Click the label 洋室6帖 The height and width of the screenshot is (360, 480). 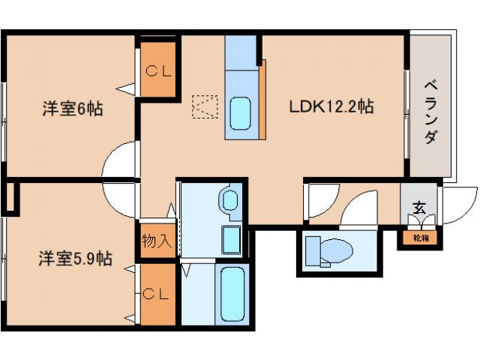(72, 109)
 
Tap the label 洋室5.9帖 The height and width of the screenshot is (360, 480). (76, 259)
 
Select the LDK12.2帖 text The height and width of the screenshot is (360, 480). (331, 107)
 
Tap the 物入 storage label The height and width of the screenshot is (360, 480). (157, 241)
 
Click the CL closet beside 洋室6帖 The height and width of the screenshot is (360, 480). (158, 73)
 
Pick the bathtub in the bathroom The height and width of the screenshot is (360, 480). (232, 294)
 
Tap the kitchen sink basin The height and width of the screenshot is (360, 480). (241, 112)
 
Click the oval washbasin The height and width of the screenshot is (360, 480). (229, 200)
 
